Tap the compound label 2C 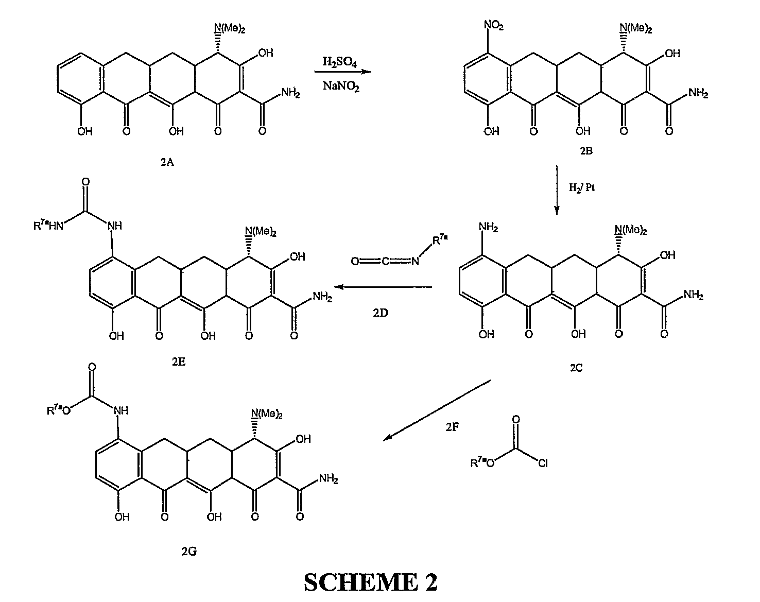(x=576, y=368)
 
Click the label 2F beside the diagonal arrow (x=452, y=426)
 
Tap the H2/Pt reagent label (x=582, y=187)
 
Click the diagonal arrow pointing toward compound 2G (x=438, y=410)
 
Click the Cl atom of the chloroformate (x=543, y=463)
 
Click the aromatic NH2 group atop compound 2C (x=489, y=227)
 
